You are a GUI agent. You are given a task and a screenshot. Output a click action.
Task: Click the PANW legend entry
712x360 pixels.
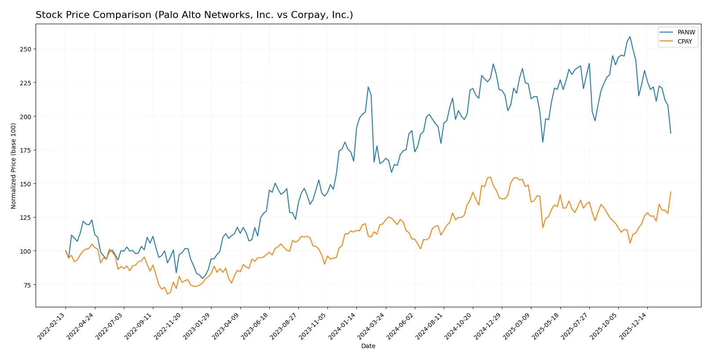point(686,32)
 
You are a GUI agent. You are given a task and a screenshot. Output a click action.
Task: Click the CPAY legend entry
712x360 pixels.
point(684,41)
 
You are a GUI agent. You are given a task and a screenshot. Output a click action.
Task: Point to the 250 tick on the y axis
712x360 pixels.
point(25,49)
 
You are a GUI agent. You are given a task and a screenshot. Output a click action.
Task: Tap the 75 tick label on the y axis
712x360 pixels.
point(27,285)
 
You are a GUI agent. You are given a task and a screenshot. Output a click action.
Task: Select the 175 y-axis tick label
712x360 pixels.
point(25,150)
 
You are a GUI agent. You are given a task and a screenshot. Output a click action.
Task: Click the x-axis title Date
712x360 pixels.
point(368,346)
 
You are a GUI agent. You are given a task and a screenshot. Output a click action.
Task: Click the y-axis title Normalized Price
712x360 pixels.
point(14,166)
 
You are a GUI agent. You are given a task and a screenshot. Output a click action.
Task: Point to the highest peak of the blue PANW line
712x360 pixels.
point(630,36)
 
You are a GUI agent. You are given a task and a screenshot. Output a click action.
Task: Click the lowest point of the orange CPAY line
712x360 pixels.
point(167,294)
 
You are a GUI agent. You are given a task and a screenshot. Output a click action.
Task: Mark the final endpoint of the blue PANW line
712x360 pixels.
point(671,133)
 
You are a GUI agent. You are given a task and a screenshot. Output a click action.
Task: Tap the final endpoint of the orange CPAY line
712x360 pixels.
point(671,192)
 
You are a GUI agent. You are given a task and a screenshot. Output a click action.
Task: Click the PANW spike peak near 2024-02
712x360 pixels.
point(368,87)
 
